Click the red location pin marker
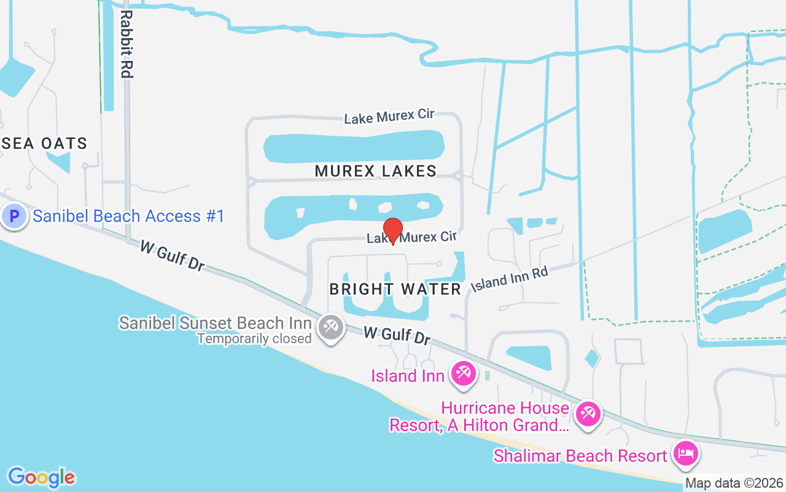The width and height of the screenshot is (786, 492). (x=392, y=231)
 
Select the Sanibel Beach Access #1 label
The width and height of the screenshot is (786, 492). (x=129, y=216)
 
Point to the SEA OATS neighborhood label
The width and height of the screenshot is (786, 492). (x=45, y=144)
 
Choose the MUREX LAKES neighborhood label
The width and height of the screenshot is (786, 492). (x=376, y=171)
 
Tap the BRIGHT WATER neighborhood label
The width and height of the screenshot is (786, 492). (x=395, y=289)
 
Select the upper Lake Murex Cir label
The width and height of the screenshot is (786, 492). (x=389, y=116)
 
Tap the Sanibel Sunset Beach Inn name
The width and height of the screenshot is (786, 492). (x=215, y=323)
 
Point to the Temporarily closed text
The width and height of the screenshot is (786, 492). (x=254, y=339)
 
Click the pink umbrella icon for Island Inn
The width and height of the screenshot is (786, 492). (x=463, y=373)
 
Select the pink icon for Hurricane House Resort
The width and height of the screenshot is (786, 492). (x=588, y=413)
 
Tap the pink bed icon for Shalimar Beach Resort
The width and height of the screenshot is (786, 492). (x=685, y=454)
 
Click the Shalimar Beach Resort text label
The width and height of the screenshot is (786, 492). (x=580, y=456)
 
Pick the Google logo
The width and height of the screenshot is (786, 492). (x=42, y=477)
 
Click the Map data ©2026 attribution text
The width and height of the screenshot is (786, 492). (x=734, y=483)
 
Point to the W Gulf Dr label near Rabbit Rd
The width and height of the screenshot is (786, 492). (x=172, y=255)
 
